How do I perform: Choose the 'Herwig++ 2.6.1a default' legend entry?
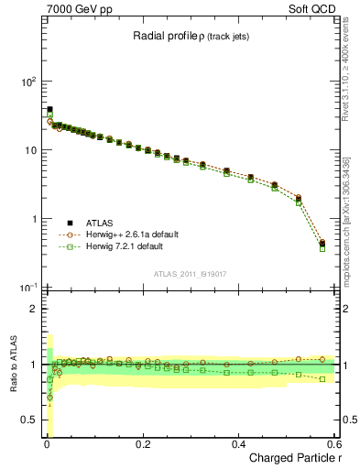point(132,234)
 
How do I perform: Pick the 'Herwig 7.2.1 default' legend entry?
point(127,246)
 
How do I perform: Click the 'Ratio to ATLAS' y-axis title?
point(16,365)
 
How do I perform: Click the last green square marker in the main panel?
point(322,248)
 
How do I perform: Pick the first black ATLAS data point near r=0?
point(49,109)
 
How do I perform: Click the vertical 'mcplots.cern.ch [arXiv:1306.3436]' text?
point(347,211)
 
